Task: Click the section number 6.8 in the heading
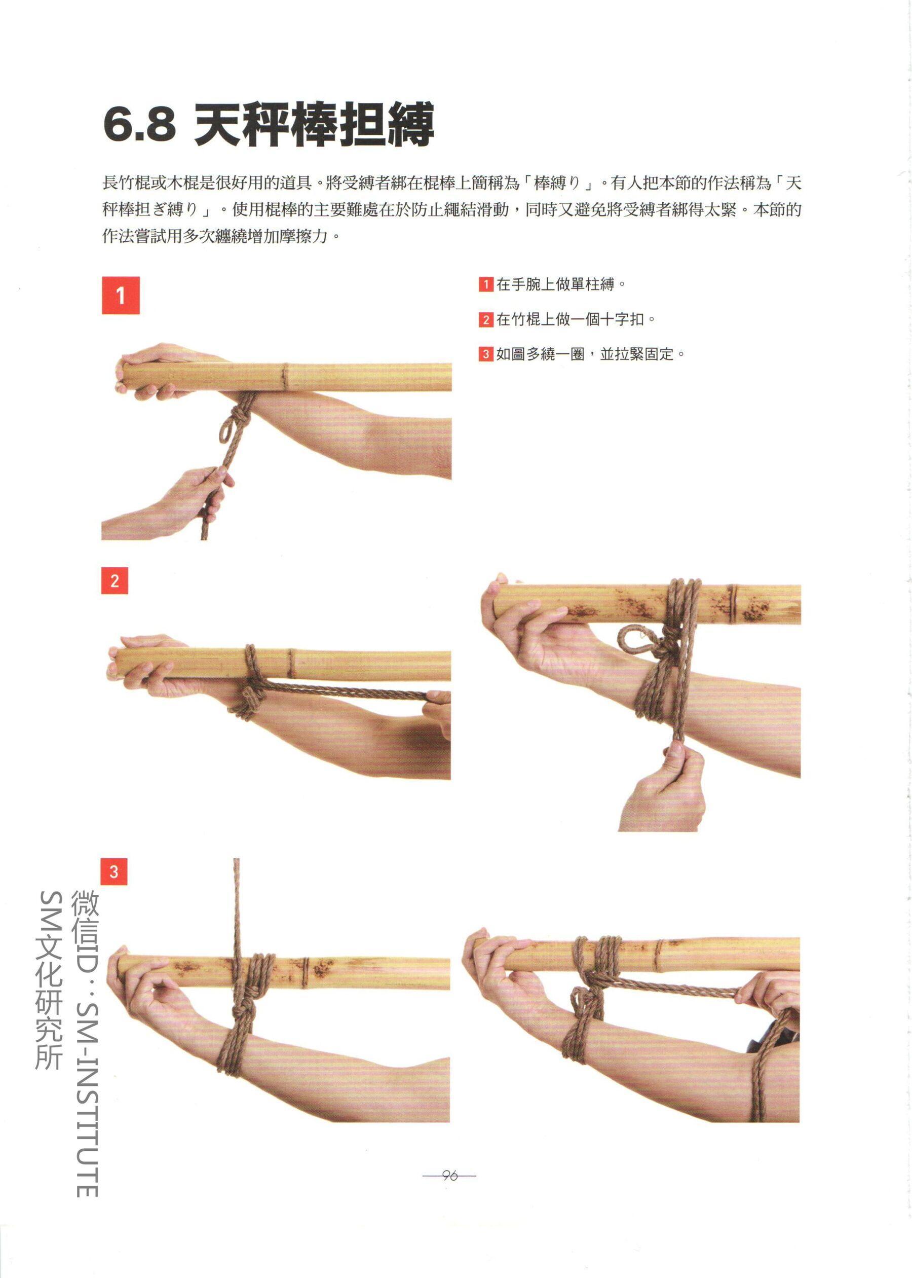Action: point(139,125)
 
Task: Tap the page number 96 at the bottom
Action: point(449,1176)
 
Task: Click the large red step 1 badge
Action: point(120,296)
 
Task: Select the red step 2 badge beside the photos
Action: point(115,580)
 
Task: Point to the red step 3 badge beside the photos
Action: point(114,871)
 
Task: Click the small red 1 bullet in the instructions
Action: point(486,284)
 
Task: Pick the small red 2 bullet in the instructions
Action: point(486,320)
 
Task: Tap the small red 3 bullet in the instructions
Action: point(486,354)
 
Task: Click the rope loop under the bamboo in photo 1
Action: point(226,429)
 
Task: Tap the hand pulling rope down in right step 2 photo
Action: point(665,786)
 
